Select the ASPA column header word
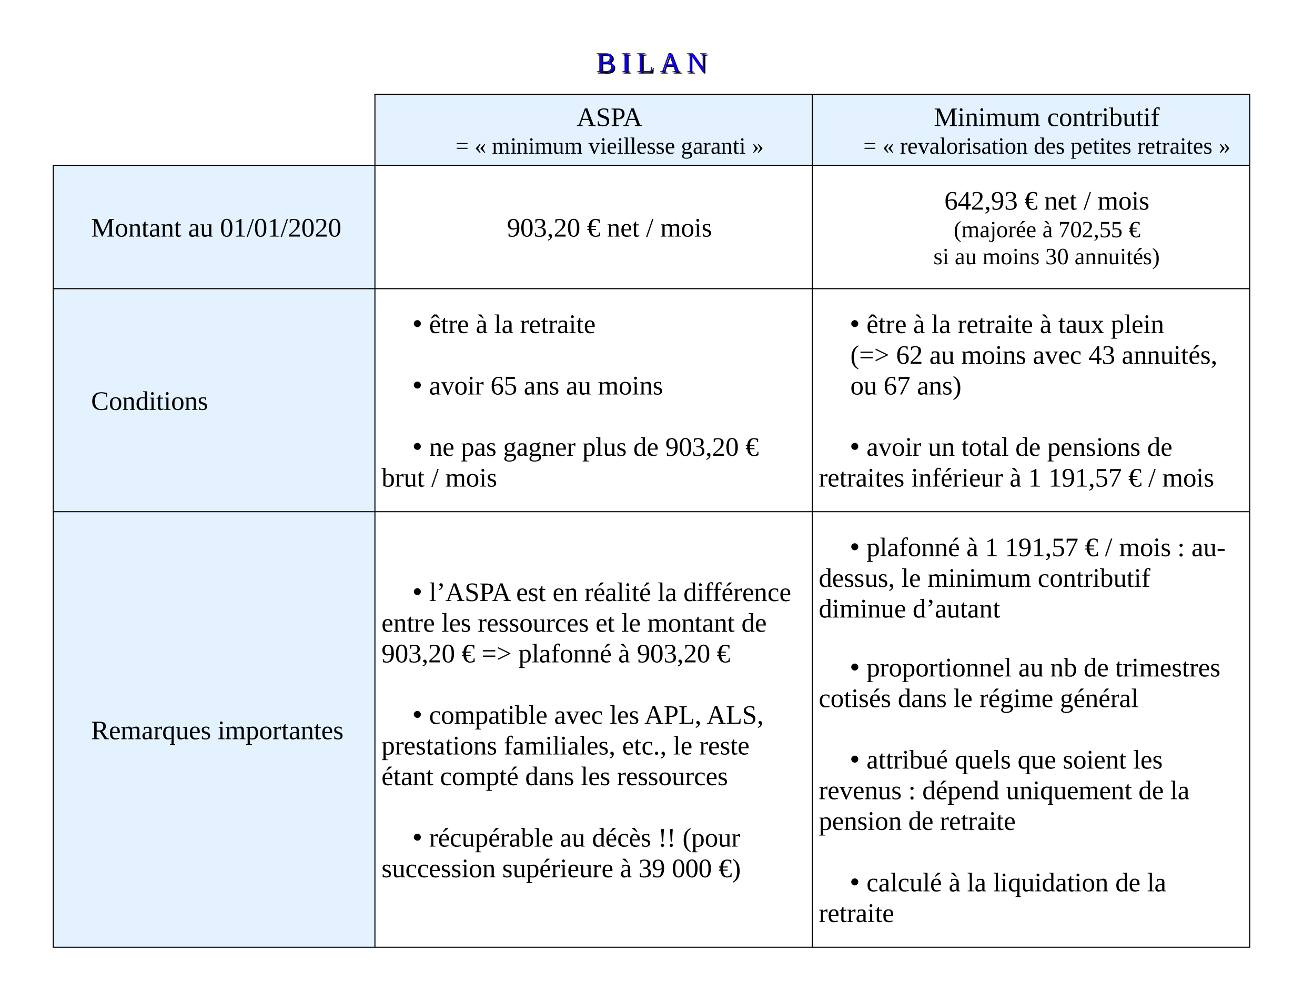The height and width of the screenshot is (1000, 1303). [609, 117]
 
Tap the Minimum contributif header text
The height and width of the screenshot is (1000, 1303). [1046, 117]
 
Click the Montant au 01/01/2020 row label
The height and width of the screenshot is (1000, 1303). [216, 228]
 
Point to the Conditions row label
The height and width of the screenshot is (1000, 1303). [149, 401]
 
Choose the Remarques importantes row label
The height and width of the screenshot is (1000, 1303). [217, 731]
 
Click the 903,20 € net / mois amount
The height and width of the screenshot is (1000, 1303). [609, 228]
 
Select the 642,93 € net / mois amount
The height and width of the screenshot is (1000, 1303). [1046, 201]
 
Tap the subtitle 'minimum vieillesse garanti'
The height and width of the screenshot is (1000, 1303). [618, 146]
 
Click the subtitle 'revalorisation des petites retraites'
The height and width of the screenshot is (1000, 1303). [1055, 146]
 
